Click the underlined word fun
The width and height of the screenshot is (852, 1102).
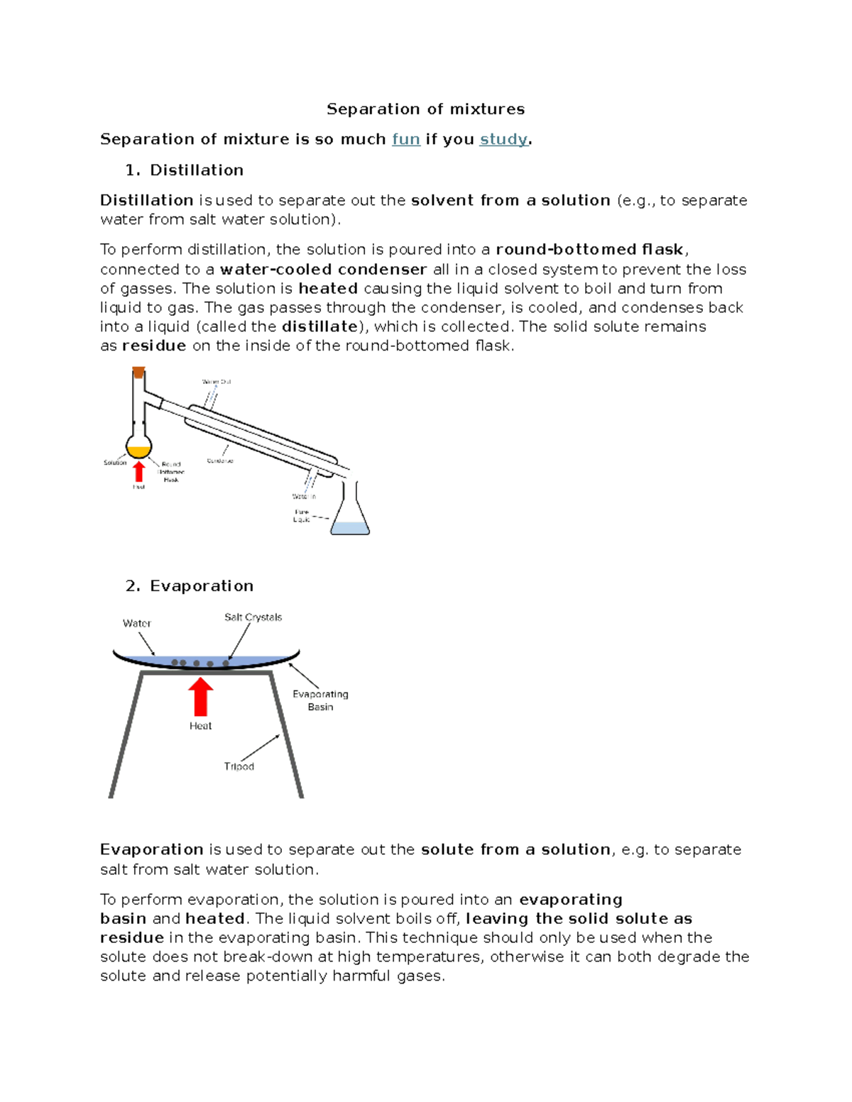point(406,140)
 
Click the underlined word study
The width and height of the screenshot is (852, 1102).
point(503,140)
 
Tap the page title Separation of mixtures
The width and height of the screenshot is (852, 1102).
point(425,109)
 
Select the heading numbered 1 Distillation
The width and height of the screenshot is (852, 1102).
point(196,170)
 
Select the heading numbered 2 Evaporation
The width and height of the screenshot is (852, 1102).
point(201,586)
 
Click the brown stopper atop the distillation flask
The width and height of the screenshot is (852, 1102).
point(138,372)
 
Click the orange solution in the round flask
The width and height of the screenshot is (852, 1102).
point(138,451)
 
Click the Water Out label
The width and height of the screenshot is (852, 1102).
point(217,382)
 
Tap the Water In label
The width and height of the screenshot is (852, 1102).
point(304,497)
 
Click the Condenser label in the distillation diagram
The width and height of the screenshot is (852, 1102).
point(220,461)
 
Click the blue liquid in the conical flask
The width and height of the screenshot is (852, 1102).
point(351,528)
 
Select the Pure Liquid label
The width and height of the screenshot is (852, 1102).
point(302,516)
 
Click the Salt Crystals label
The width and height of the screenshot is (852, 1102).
point(253,617)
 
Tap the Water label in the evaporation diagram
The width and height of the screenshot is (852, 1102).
point(136,624)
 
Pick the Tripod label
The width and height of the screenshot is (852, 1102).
point(239,766)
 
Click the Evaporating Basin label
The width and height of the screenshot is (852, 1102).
point(320,700)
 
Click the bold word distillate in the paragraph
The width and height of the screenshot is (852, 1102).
point(320,327)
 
